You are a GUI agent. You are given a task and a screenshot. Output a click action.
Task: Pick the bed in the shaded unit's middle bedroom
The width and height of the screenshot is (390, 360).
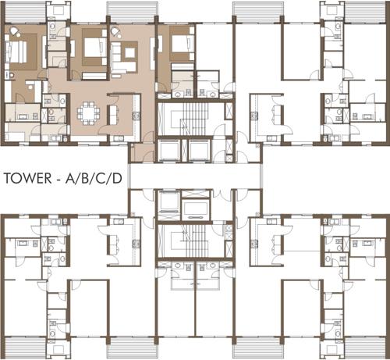(92, 51)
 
